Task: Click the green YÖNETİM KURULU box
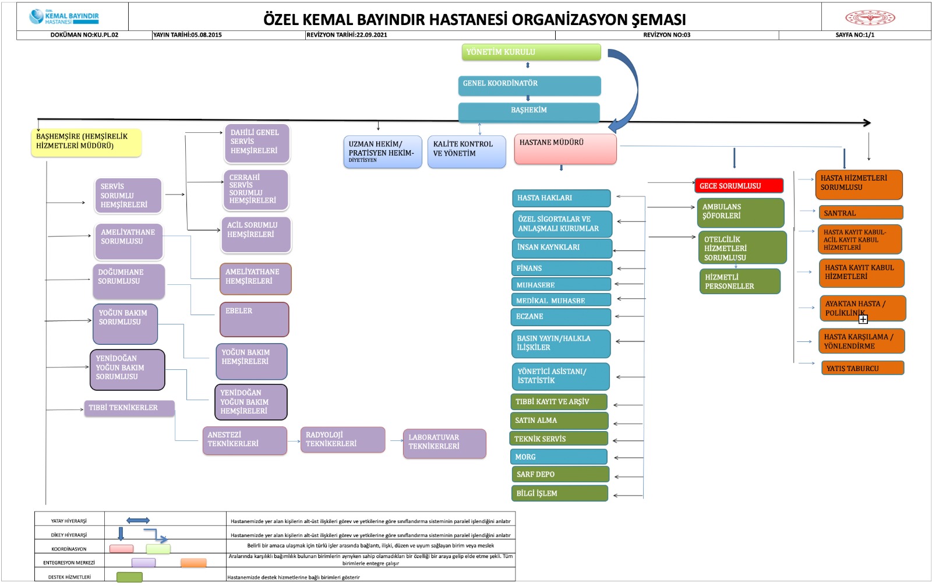(x=531, y=52)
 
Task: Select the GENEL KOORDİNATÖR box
(x=529, y=85)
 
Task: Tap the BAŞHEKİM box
(x=529, y=112)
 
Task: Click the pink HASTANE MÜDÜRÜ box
(x=565, y=149)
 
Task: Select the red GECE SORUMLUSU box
(x=739, y=186)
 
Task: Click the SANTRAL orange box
(x=860, y=213)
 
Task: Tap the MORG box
(x=558, y=457)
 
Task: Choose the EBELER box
(x=254, y=319)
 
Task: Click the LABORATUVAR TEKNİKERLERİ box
(x=444, y=443)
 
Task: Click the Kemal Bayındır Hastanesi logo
(x=64, y=17)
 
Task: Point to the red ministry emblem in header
(x=870, y=17)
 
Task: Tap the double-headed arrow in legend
(x=138, y=520)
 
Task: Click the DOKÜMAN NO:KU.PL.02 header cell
(x=84, y=35)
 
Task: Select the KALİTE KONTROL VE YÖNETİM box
(x=466, y=151)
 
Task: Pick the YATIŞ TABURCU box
(x=862, y=368)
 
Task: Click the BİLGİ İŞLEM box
(x=559, y=493)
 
